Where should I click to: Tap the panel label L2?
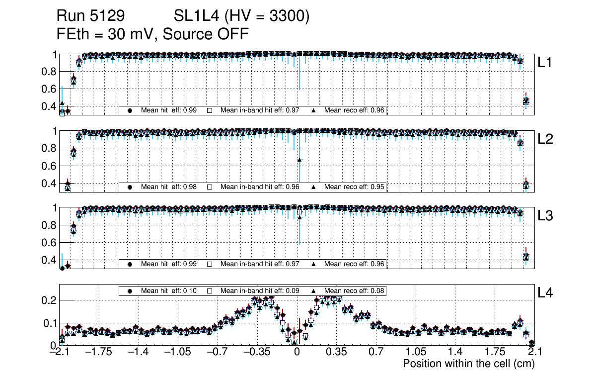[x=545, y=139]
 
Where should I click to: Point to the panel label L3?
[x=545, y=216]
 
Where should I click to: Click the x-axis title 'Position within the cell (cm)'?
[x=468, y=364]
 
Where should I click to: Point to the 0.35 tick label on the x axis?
[x=336, y=352]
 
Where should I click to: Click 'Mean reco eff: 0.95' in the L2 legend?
[x=355, y=187]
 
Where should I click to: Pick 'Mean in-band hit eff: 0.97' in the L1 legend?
[x=259, y=110]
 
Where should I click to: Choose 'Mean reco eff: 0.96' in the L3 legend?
[x=355, y=264]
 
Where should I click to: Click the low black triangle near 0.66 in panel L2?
[x=299, y=160]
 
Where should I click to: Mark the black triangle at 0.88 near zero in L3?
[x=299, y=217]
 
